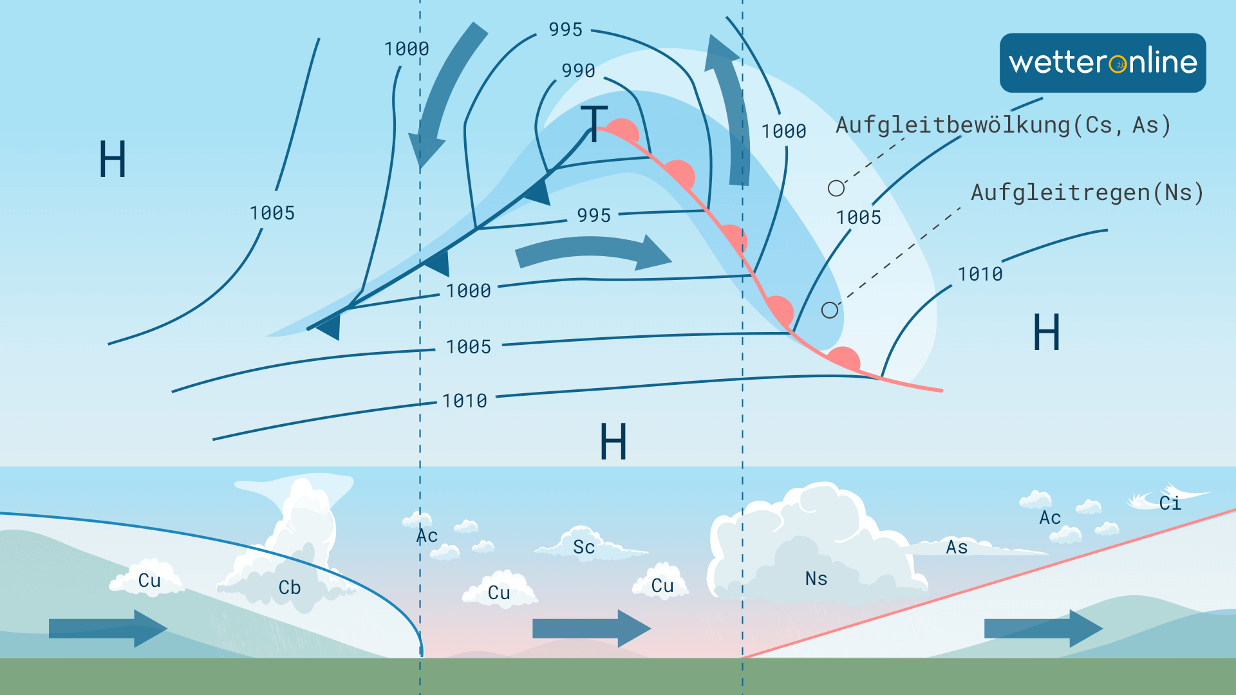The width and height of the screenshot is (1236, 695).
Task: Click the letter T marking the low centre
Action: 594,123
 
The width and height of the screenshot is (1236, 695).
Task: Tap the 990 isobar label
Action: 578,70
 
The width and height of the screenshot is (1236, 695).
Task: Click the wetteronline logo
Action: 1102,63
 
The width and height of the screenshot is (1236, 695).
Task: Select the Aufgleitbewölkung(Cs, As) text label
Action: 1002,125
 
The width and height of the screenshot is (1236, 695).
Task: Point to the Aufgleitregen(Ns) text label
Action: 1087,192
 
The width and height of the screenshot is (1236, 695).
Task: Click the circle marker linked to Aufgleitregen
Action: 830,310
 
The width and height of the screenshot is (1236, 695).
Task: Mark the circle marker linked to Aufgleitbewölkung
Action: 836,188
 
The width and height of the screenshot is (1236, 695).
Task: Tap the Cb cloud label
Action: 290,588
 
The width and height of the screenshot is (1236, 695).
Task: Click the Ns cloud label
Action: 816,579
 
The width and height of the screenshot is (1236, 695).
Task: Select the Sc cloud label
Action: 584,547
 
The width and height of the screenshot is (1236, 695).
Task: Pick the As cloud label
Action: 957,547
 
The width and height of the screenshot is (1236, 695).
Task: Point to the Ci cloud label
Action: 1170,503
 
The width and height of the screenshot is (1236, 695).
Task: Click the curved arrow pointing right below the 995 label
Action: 592,252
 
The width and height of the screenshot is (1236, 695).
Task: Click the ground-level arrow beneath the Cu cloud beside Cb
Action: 107,629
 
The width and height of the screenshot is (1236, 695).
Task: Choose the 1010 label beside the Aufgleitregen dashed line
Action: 980,274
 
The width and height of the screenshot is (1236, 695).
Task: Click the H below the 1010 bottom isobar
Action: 613,442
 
